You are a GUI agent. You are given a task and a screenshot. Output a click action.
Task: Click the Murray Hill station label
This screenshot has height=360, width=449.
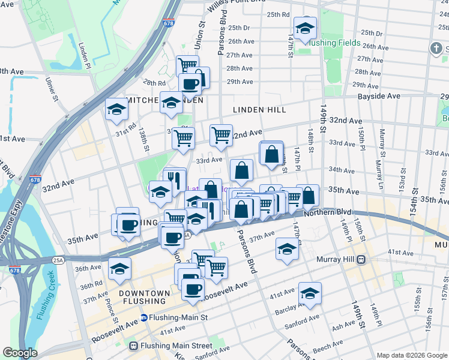[x=335, y=260]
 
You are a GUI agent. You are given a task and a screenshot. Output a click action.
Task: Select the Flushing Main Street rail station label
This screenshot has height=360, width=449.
[x=175, y=346]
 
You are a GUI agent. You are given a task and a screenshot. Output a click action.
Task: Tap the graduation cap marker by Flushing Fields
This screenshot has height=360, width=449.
[x=305, y=28]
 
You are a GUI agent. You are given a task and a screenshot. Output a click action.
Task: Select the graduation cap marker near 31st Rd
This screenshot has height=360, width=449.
[x=116, y=110]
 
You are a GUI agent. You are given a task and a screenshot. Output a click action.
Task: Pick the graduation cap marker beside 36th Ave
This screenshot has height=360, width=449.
[x=119, y=269]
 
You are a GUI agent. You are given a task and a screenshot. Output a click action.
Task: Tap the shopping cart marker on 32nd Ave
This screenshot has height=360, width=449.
[x=221, y=136]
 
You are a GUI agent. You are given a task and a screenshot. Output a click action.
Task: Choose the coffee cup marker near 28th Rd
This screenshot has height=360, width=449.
[x=190, y=85]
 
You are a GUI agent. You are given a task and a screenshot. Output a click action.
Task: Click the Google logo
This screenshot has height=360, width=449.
[x=20, y=353]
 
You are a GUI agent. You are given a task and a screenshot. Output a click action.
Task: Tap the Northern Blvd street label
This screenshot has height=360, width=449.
[x=327, y=212]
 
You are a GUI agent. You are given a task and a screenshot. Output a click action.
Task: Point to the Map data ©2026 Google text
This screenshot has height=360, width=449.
[x=411, y=355]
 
